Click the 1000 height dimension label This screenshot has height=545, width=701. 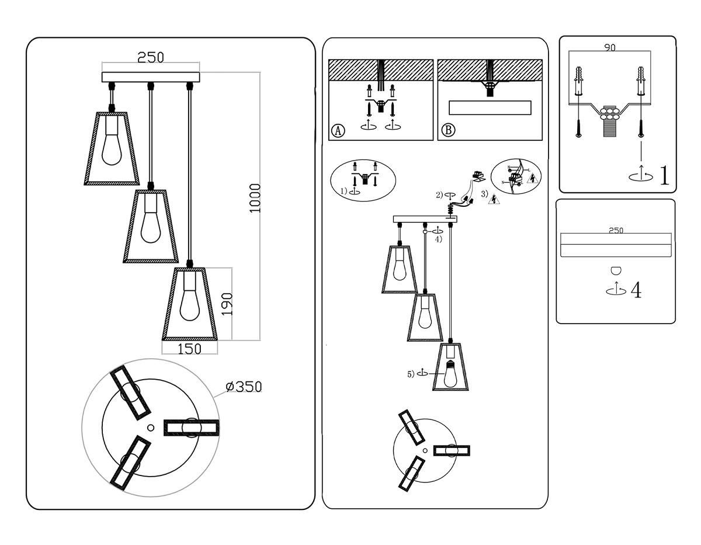255,199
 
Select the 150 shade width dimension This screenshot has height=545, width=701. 189,349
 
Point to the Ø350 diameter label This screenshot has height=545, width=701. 244,387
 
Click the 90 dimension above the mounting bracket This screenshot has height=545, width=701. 609,48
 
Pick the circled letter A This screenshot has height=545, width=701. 338,130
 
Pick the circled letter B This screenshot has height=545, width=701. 447,130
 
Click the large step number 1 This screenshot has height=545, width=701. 664,175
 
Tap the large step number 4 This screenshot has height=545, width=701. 636,290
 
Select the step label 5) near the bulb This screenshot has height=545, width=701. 411,374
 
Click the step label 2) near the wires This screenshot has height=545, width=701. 439,196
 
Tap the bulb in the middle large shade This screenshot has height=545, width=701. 150,225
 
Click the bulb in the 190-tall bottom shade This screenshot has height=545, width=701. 189,304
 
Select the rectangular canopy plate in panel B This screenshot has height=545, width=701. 490,108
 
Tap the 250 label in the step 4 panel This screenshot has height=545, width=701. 616,230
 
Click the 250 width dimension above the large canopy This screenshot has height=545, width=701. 151,57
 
